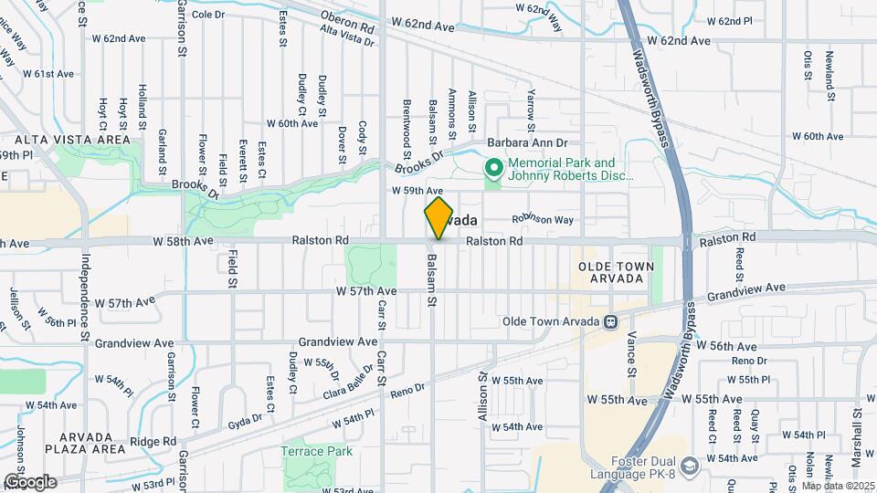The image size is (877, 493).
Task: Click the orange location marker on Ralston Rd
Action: pos(438,218)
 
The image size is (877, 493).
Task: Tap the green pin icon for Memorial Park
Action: pos(494,168)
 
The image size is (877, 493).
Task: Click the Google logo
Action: pos(29,482)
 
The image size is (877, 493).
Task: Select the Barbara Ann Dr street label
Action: pos(527,143)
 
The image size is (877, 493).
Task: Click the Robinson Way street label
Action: pos(542,220)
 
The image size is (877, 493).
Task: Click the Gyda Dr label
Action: pos(245,418)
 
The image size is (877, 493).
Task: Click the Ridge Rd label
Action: pos(153,441)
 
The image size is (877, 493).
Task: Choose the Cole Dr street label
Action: pos(208,14)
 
